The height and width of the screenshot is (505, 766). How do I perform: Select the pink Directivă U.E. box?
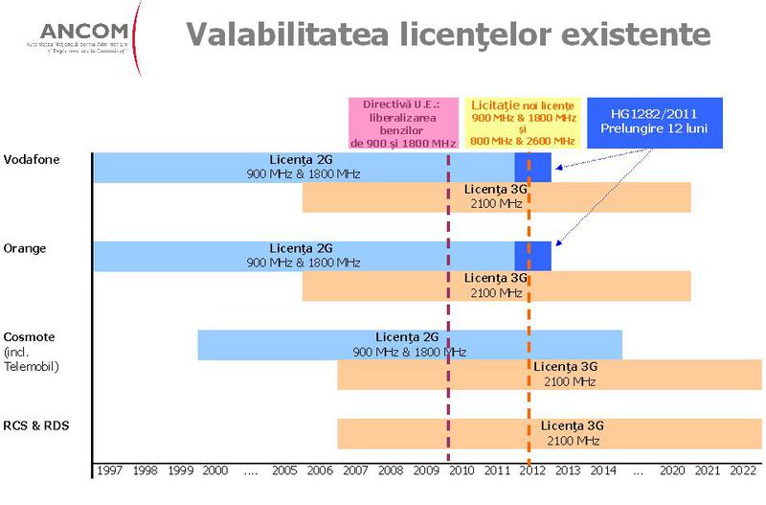coord(403,122)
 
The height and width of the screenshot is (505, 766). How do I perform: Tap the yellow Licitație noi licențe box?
coord(523,122)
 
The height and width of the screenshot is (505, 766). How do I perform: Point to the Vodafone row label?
coord(32,159)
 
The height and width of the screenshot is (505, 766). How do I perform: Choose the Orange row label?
coord(25,248)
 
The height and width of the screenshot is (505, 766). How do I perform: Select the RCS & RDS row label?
coord(37,425)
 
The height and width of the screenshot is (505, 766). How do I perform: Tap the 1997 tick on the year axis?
coord(110,471)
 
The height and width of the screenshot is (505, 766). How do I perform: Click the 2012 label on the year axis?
coord(532,471)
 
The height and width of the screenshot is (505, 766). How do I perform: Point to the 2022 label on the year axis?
coord(743,471)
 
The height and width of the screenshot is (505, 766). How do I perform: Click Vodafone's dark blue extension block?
coord(533,167)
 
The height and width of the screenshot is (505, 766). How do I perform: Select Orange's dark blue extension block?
coord(533,256)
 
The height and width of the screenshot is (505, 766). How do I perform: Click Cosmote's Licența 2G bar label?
coord(407,337)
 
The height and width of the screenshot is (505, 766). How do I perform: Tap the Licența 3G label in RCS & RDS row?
coord(573,426)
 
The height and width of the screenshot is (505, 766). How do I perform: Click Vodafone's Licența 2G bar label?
coord(302,159)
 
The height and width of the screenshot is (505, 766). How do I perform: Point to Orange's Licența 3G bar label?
coord(495,278)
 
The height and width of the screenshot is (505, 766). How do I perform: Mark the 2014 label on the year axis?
coord(603,471)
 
